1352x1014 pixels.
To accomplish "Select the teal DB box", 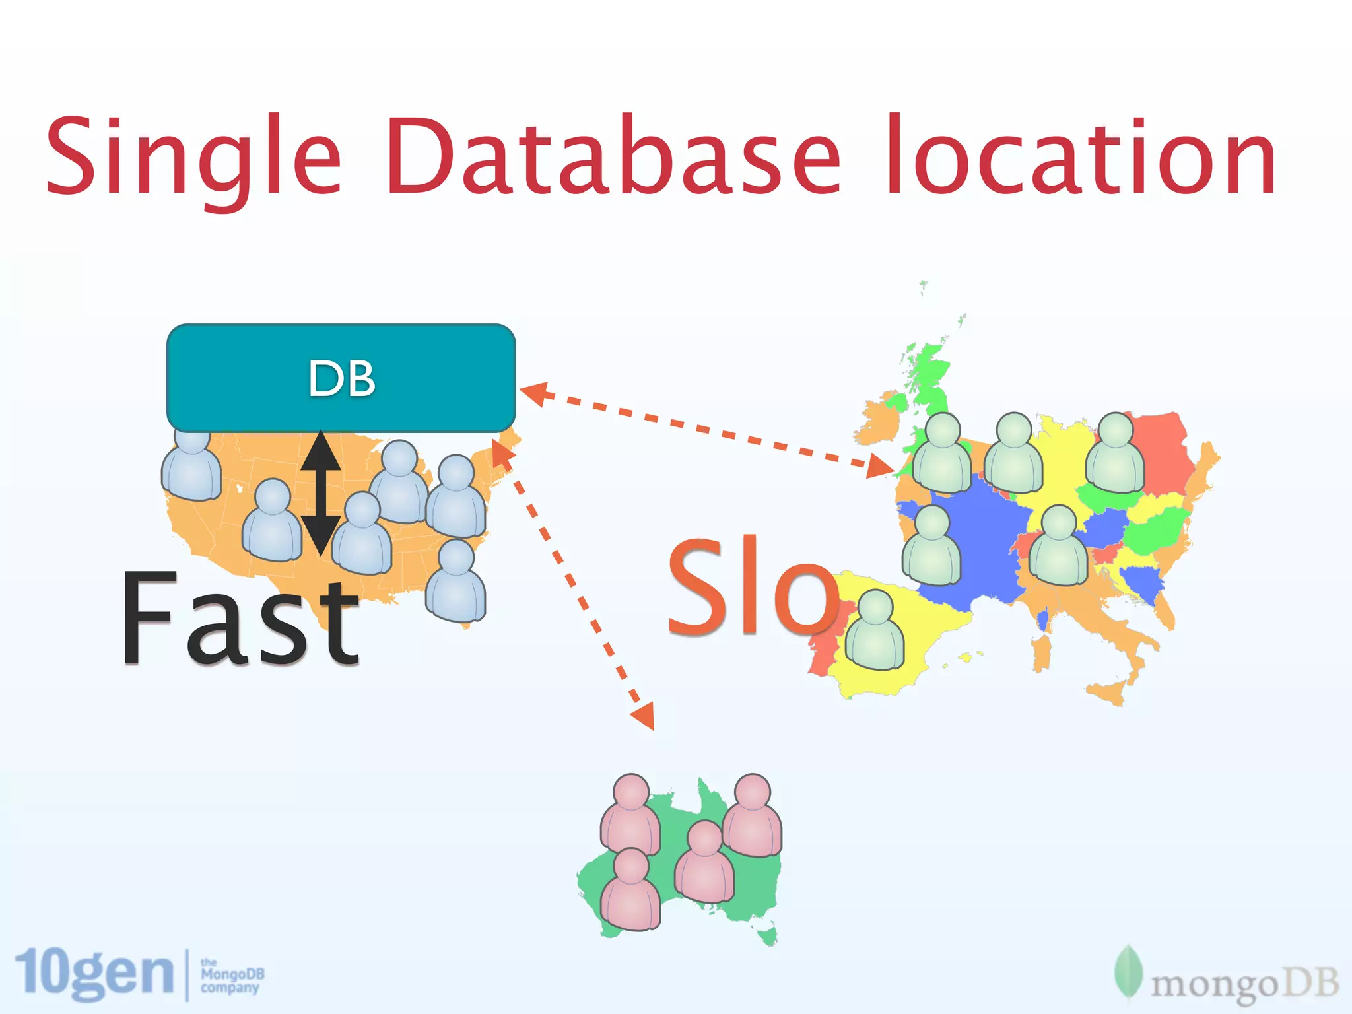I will tap(341, 378).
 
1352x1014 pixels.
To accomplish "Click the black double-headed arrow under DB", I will tap(321, 492).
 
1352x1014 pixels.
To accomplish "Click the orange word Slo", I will tap(753, 588).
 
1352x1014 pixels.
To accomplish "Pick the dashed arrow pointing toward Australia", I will tap(574, 588).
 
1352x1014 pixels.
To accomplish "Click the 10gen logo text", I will tap(94, 974).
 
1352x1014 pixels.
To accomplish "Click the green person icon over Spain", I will tap(875, 630).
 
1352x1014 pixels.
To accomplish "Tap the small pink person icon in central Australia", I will tap(704, 862).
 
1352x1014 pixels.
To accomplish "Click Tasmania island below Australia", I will tap(768, 935).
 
